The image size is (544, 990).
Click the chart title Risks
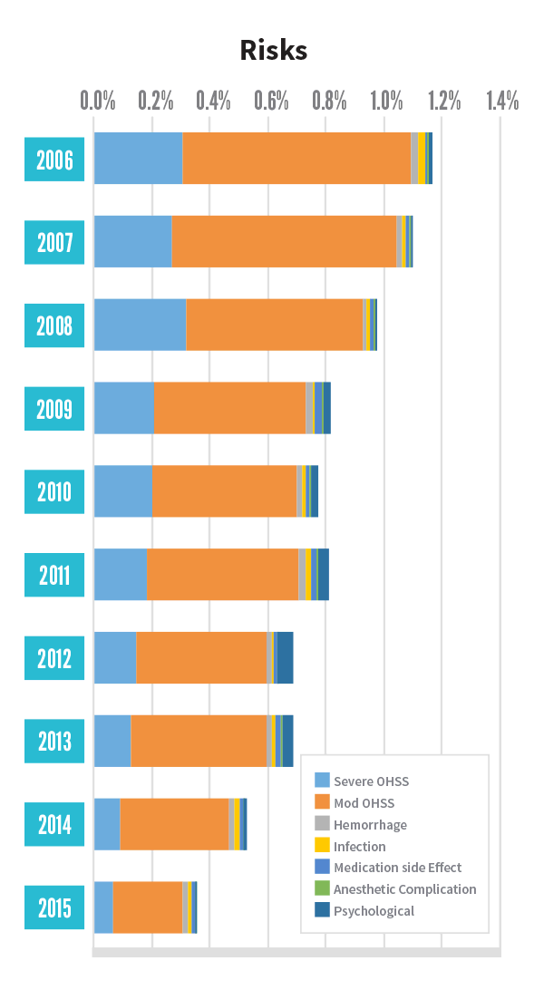pyautogui.click(x=273, y=51)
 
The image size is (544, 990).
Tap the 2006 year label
pyautogui.click(x=54, y=160)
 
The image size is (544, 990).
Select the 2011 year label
pyautogui.click(x=54, y=575)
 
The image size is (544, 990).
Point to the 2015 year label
pyautogui.click(x=54, y=907)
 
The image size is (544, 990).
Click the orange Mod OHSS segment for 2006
pyautogui.click(x=296, y=158)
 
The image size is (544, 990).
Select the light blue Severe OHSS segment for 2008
pyautogui.click(x=140, y=325)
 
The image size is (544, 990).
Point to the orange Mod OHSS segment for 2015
pyautogui.click(x=147, y=907)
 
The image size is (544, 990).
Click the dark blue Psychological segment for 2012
pyautogui.click(x=285, y=657)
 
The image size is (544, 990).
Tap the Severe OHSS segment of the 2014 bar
pyautogui.click(x=107, y=824)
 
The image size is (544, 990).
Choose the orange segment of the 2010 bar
pyautogui.click(x=224, y=491)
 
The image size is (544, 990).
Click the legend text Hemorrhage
pyautogui.click(x=370, y=825)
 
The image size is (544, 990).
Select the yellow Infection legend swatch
pyautogui.click(x=322, y=846)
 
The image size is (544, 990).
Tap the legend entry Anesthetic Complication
pyautogui.click(x=404, y=889)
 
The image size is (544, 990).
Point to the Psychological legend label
pyautogui.click(x=374, y=911)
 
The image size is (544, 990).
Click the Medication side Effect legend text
pyautogui.click(x=397, y=868)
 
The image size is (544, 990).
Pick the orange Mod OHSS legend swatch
pyautogui.click(x=322, y=802)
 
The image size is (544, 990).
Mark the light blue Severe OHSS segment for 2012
pyautogui.click(x=115, y=657)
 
